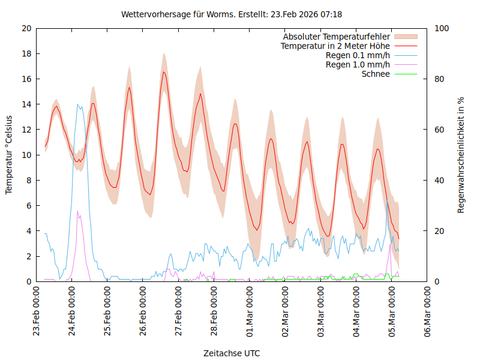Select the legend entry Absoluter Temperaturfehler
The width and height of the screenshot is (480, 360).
coord(337,37)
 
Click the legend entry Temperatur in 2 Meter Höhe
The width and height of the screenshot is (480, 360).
coord(335,46)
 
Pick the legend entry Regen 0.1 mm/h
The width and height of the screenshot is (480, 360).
coord(358,55)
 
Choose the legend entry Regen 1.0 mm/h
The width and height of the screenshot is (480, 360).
coord(358,65)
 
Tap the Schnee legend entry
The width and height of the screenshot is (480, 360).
coord(376,74)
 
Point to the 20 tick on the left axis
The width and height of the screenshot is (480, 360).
coord(27,28)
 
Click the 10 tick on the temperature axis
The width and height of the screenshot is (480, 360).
coord(27,155)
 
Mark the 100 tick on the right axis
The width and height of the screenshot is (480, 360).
coord(441,28)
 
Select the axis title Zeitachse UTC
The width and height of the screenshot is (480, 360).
coord(232,353)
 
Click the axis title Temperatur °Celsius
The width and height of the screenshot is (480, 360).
coord(9,155)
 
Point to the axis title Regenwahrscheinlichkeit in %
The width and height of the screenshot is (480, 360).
coord(461,155)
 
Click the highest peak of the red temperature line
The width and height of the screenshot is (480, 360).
coord(163,72)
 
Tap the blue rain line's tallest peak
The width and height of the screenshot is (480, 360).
coord(77,104)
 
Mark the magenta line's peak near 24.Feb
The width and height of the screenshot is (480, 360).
coord(77,211)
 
